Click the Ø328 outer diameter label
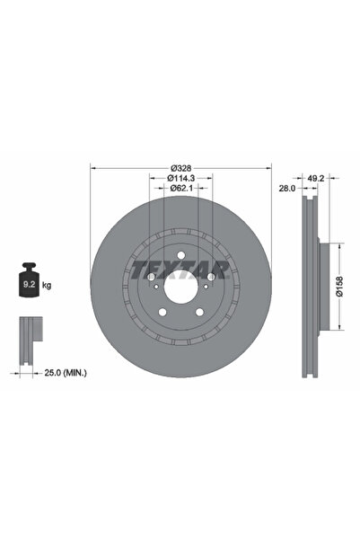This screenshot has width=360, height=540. click(x=181, y=167)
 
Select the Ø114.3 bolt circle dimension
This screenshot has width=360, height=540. click(x=181, y=178)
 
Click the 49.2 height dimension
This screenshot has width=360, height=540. click(x=316, y=179)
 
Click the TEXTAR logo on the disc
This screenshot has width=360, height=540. click(x=181, y=267)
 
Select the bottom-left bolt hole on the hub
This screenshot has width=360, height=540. click(x=162, y=313)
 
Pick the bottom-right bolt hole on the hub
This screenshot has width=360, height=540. click(x=199, y=313)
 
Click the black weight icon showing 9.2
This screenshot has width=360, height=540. click(x=29, y=284)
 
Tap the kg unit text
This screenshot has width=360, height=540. click(x=47, y=285)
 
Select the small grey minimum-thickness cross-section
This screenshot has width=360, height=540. click(x=29, y=332)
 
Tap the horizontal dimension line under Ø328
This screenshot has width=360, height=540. click(x=181, y=173)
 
